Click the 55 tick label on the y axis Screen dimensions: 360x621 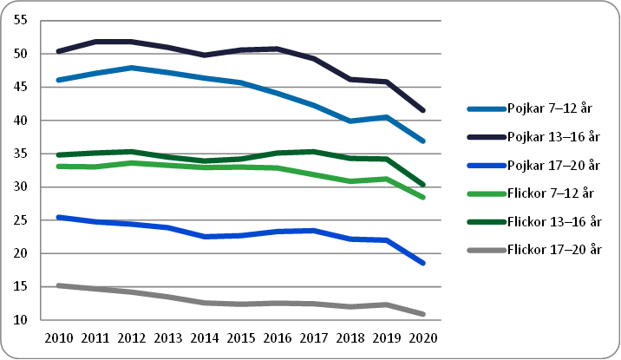coord(22,21)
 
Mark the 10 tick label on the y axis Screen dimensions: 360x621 coord(22,321)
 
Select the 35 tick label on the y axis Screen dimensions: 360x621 coord(22,154)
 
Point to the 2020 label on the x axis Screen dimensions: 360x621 coord(422,338)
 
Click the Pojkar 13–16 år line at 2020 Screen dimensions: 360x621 coord(422,110)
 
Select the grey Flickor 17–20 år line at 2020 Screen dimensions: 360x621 coord(422,314)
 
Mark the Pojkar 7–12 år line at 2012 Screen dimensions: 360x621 coord(130,68)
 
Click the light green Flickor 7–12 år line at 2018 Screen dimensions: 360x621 coord(350,181)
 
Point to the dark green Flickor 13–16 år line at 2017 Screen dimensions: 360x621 coord(313,152)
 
